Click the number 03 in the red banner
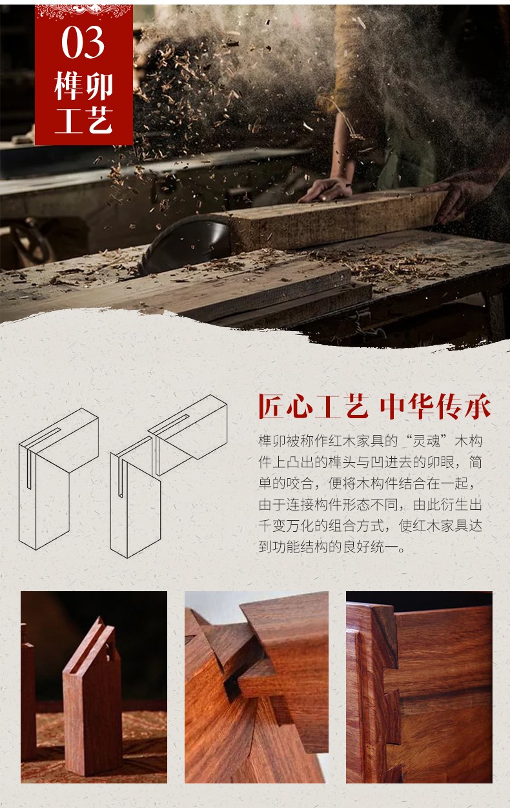(x=83, y=43)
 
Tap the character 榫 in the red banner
(x=69, y=86)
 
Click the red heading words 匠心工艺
(x=313, y=406)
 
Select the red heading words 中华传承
(x=435, y=406)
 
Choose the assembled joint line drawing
(x=59, y=480)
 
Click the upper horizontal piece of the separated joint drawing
(x=188, y=434)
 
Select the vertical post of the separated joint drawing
(x=136, y=497)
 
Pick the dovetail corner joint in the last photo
(x=375, y=685)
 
